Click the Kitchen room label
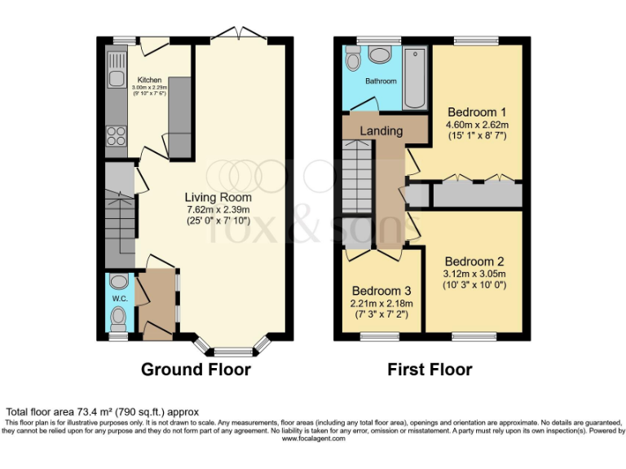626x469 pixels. pyautogui.click(x=149, y=80)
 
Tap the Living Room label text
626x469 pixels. pyautogui.click(x=218, y=197)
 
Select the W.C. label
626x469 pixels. pyautogui.click(x=119, y=297)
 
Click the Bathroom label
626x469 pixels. pyautogui.click(x=381, y=81)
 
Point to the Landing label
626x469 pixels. pyautogui.click(x=381, y=130)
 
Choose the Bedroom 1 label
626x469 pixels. pyautogui.click(x=477, y=112)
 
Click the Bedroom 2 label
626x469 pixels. pyautogui.click(x=474, y=261)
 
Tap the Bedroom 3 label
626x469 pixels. pyautogui.click(x=381, y=291)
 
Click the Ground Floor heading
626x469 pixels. pyautogui.click(x=196, y=370)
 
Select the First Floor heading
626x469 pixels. pyautogui.click(x=430, y=370)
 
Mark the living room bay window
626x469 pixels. pyautogui.click(x=234, y=349)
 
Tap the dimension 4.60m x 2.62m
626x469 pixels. pyautogui.click(x=477, y=125)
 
